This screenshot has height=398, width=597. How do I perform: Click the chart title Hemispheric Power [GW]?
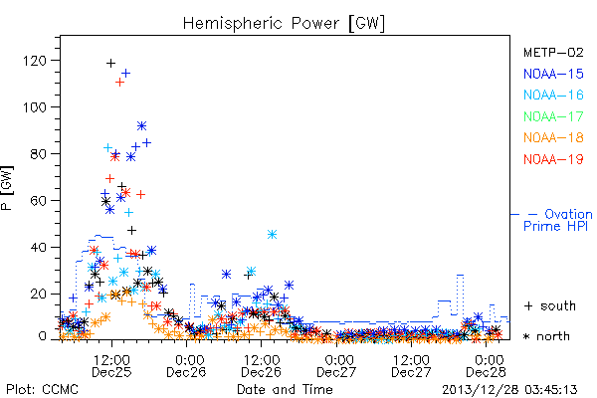[x=284, y=24]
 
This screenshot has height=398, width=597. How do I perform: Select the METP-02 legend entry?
[x=553, y=53]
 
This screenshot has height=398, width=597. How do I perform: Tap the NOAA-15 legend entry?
[x=553, y=74]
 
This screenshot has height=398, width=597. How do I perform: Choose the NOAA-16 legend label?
[x=553, y=95]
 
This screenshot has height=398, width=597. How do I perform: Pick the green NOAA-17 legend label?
[x=553, y=116]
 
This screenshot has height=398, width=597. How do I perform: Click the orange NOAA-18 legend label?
[x=553, y=137]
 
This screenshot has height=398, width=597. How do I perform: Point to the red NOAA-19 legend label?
[x=553, y=159]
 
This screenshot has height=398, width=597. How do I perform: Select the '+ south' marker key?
[x=550, y=305]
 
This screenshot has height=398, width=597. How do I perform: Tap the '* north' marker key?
[x=546, y=336]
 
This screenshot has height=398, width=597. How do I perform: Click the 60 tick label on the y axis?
[x=38, y=201]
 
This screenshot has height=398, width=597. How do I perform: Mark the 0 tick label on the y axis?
[x=42, y=336]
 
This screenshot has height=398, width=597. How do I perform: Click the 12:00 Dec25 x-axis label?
[x=111, y=366]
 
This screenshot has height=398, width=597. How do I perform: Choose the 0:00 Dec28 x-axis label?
[x=487, y=366]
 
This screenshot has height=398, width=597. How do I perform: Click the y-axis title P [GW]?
[x=7, y=188]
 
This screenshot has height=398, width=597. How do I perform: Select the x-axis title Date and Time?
[x=285, y=390]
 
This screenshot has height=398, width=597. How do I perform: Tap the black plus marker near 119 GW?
[x=110, y=63]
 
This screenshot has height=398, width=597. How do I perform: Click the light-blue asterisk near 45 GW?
[x=272, y=234]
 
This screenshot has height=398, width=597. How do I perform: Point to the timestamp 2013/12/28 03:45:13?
[x=509, y=390]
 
